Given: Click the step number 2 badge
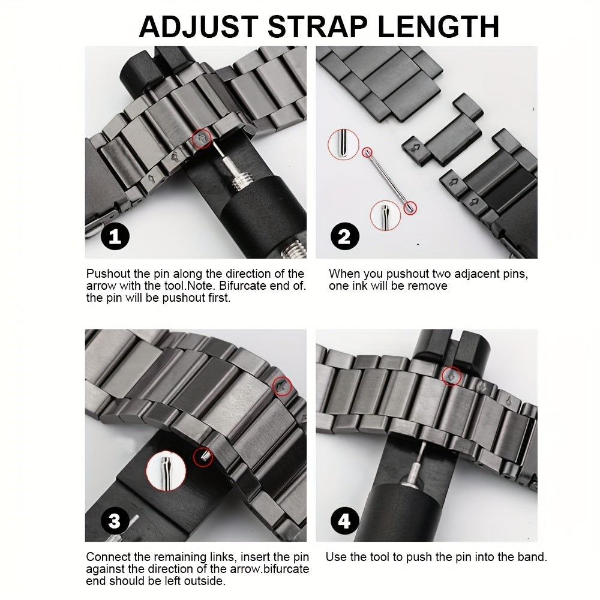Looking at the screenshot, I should [x=344, y=236].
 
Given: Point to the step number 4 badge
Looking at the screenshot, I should [x=344, y=521].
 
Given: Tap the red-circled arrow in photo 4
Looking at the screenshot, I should [x=451, y=376].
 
